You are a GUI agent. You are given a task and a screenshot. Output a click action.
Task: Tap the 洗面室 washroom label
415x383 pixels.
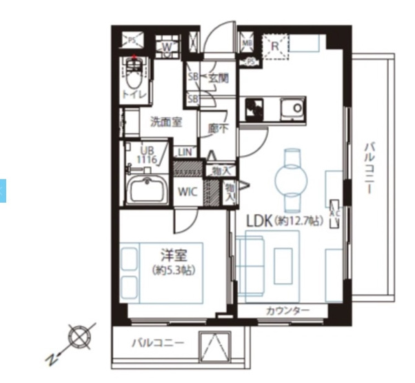[166, 122]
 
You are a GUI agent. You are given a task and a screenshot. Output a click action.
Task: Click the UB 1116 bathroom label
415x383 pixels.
[148, 155]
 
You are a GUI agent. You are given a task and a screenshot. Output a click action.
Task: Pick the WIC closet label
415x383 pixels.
[188, 193]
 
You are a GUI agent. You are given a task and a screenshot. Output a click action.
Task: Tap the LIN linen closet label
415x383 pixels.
[185, 152]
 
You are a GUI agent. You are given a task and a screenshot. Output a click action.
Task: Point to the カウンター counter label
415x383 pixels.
[287, 311]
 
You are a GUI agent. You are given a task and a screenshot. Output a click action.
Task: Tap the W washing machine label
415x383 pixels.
[167, 47]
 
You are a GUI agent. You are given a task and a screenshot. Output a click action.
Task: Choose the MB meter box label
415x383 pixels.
[247, 44]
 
